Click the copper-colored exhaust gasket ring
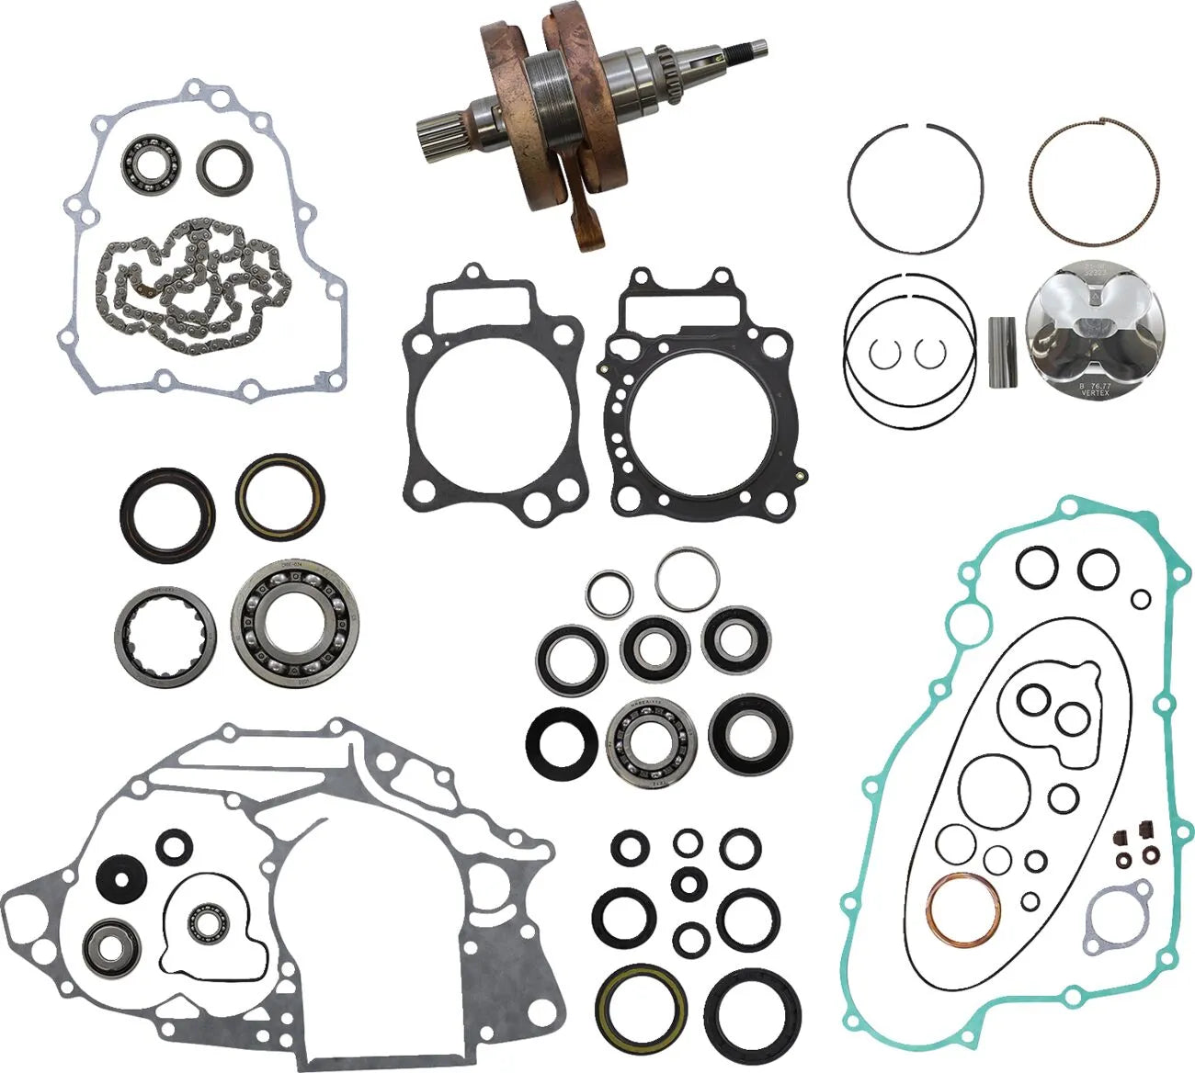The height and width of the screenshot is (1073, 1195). pos(963,909)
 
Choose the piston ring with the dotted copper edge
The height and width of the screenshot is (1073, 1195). pos(1092,183)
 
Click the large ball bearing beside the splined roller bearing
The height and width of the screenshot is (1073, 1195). pos(294,625)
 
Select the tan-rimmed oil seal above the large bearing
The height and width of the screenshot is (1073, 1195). pos(279,496)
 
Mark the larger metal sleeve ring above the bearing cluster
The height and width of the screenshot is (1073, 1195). pos(687,579)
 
